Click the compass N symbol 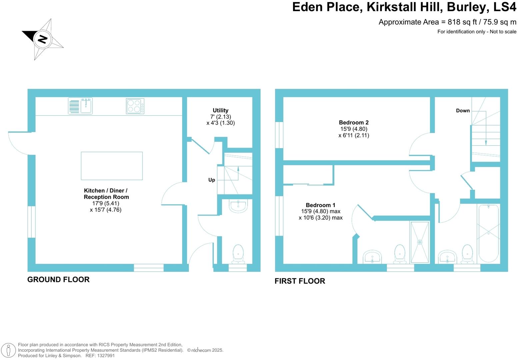pyautogui.click(x=42, y=39)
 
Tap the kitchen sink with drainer pyautogui.click(x=80, y=106)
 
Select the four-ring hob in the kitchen pyautogui.click(x=135, y=106)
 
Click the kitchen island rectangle pyautogui.click(x=112, y=166)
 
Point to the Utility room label pyautogui.click(x=220, y=110)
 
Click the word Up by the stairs pyautogui.click(x=212, y=180)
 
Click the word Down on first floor pyautogui.click(x=463, y=111)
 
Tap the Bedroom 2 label pyautogui.click(x=354, y=123)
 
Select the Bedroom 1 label pyautogui.click(x=320, y=205)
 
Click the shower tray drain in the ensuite pyautogui.click(x=420, y=242)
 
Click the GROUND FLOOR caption pyautogui.click(x=58, y=280)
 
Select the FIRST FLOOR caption pyautogui.click(x=300, y=281)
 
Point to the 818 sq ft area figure pyautogui.click(x=458, y=22)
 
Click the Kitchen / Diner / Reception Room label pyautogui.click(x=106, y=194)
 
